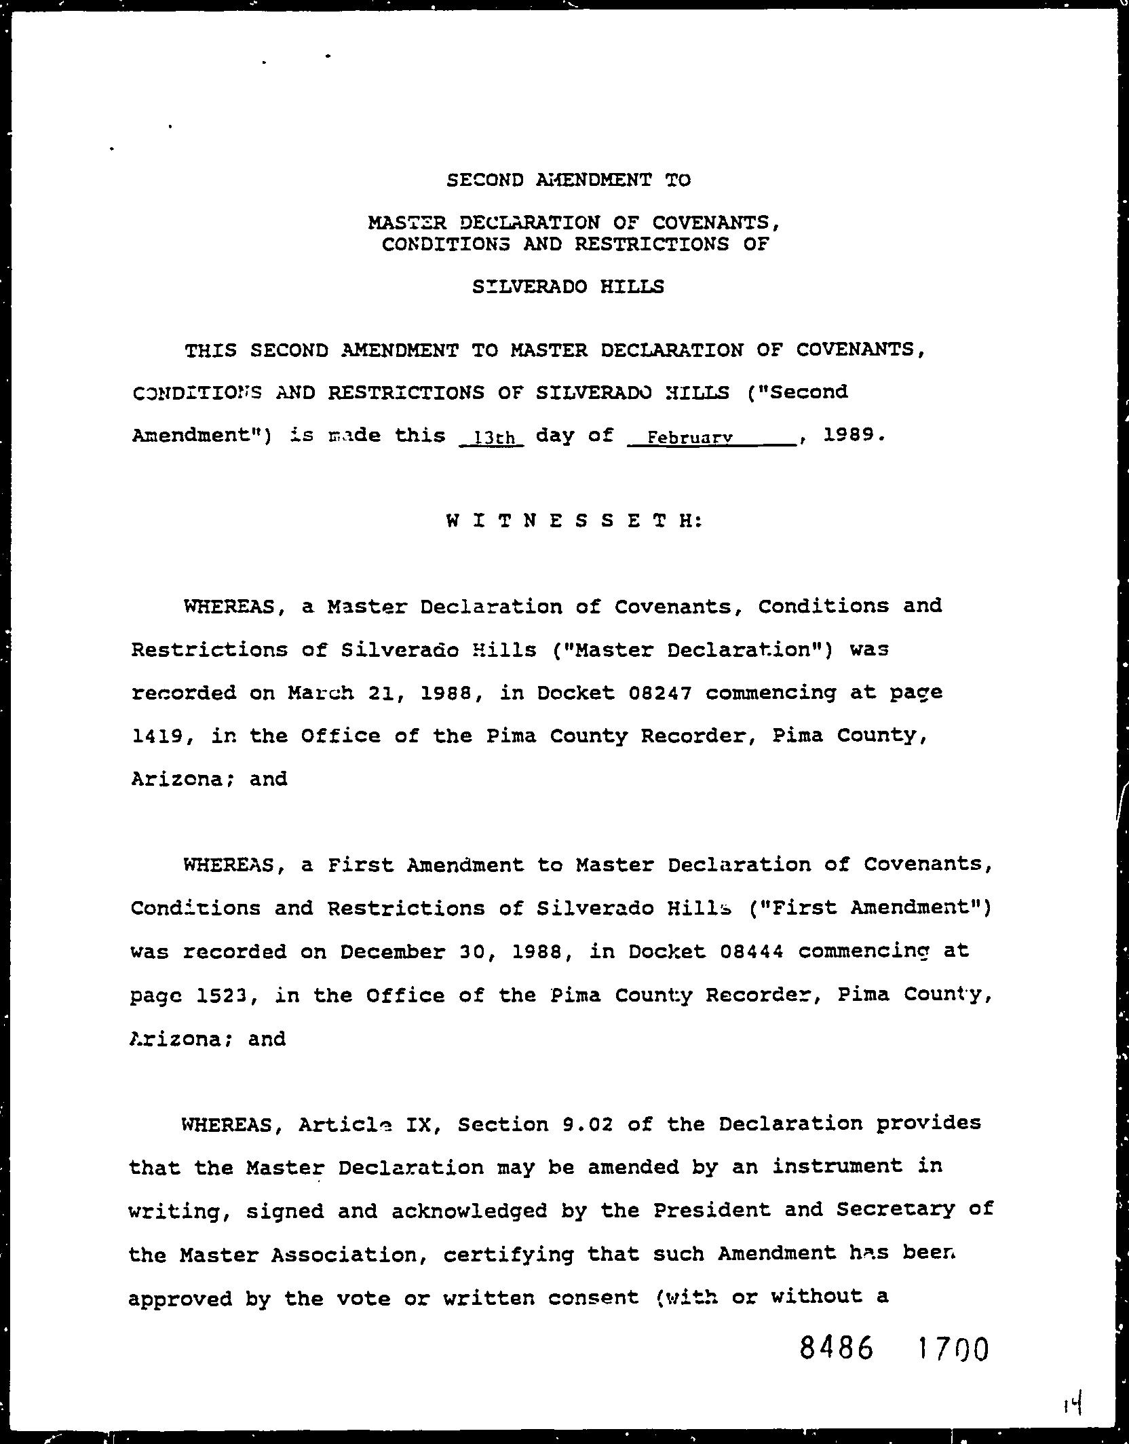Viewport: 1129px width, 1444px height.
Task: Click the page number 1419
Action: (x=155, y=736)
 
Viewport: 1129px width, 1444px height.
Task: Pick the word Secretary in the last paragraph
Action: (x=895, y=1210)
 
